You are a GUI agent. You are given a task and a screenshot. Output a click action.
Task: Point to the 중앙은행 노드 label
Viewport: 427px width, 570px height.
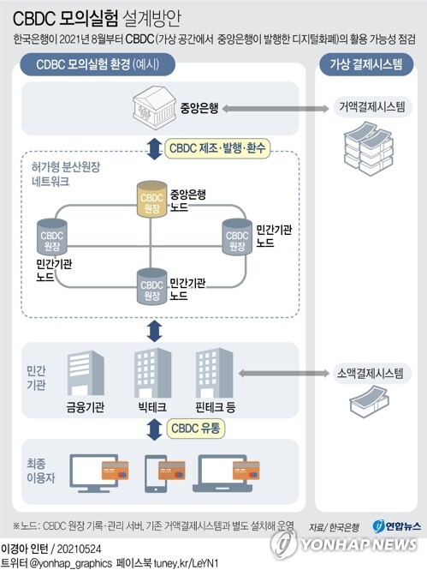tap(188, 201)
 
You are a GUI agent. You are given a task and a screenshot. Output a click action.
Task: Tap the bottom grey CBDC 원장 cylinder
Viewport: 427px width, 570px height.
tap(151, 286)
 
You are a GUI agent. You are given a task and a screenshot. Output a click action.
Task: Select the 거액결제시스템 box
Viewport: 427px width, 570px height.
tap(371, 107)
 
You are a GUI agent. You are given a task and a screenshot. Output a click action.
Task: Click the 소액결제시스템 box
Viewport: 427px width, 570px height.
tap(371, 374)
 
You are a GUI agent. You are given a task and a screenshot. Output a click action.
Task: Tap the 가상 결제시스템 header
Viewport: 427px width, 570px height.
tap(370, 65)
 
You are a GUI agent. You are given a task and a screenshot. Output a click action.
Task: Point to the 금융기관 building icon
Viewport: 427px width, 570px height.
tap(86, 372)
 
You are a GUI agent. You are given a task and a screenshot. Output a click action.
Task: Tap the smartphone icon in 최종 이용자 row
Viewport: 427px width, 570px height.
tap(163, 470)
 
